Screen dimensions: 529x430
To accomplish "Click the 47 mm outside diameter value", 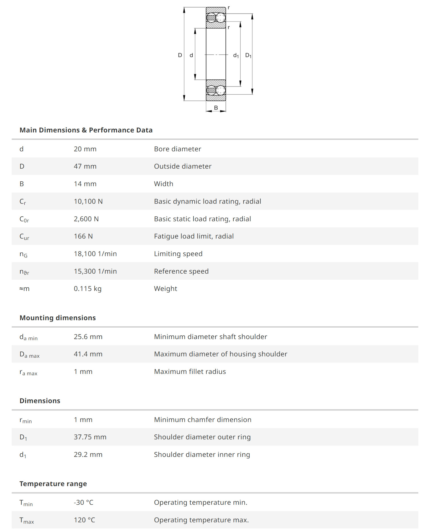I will pyautogui.click(x=85, y=166).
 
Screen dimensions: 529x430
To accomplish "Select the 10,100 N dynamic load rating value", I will pyautogui.click(x=88, y=201).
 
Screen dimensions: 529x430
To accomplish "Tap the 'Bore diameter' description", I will pyautogui.click(x=177, y=149).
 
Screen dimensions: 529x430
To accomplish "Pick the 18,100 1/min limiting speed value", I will pyautogui.click(x=95, y=254).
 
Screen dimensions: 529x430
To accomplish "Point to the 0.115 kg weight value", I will pyautogui.click(x=87, y=289).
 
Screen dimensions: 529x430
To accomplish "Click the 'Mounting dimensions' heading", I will pyautogui.click(x=58, y=318).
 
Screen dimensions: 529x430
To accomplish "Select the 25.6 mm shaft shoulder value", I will pyautogui.click(x=88, y=337).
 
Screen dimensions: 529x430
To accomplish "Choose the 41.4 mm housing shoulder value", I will pyautogui.click(x=88, y=354).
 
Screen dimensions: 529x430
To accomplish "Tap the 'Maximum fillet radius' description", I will pyautogui.click(x=190, y=372).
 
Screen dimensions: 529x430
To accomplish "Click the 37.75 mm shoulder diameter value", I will pyautogui.click(x=90, y=437).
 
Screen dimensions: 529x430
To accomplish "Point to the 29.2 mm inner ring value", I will pyautogui.click(x=88, y=454).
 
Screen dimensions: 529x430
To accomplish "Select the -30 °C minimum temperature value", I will pyautogui.click(x=83, y=502).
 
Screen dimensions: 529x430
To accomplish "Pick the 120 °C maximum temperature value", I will pyautogui.click(x=84, y=520).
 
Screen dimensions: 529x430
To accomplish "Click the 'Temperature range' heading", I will pyautogui.click(x=53, y=484).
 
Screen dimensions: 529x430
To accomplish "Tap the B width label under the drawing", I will pyautogui.click(x=216, y=108).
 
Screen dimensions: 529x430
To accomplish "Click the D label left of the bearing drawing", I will pyautogui.click(x=180, y=55).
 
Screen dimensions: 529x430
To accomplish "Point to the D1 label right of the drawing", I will pyautogui.click(x=248, y=55).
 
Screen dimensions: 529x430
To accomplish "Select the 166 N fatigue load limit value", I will pyautogui.click(x=83, y=236).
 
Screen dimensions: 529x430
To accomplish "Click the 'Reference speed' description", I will pyautogui.click(x=181, y=271).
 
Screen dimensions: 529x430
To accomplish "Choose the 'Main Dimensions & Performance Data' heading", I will pyautogui.click(x=86, y=130).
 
